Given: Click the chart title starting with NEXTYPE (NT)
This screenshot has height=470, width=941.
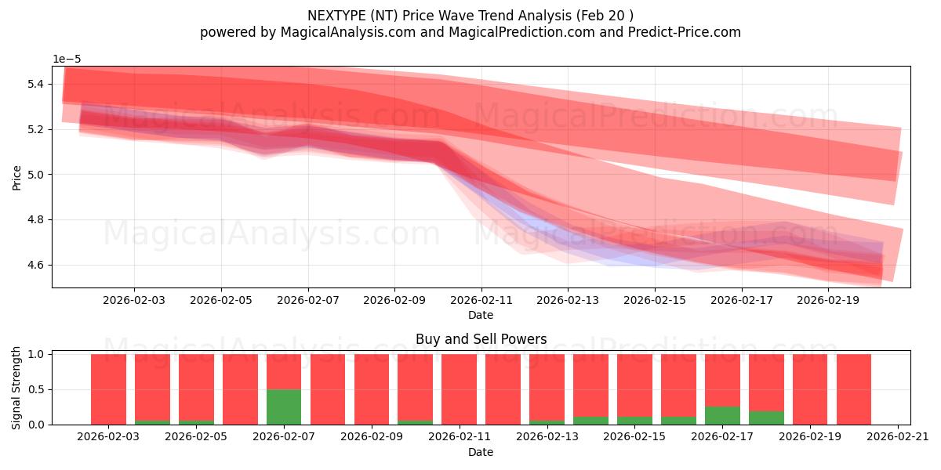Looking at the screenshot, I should pos(470,15).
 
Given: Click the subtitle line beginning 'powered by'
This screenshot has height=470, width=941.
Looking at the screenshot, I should pos(470,32).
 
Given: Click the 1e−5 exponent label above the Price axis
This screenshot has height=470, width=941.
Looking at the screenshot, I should pos(67,59).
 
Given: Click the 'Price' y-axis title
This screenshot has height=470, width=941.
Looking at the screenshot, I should pos(16,177).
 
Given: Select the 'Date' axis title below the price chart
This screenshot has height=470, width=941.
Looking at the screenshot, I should pos(481,315).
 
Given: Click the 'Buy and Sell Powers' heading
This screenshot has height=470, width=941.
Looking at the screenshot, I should pos(481,339).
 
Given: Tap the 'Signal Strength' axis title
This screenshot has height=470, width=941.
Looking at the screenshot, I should pos(16,389).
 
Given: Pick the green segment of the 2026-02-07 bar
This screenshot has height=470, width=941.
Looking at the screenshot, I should pos(284,407).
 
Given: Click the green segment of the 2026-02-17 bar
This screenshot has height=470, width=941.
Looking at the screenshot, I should pos(722,415).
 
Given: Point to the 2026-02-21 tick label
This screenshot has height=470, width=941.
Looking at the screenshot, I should pos(896,437).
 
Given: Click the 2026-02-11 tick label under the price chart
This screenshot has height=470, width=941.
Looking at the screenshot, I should pos(481,299).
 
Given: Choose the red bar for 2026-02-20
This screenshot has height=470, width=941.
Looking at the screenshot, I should pos(854,389).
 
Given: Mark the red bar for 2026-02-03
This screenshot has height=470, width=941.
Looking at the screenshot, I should pos(108,389).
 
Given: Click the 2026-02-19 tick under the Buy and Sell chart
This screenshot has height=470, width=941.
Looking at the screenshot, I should pos(809,437).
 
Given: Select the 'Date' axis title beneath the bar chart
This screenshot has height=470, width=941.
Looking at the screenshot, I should pos(481,452).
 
